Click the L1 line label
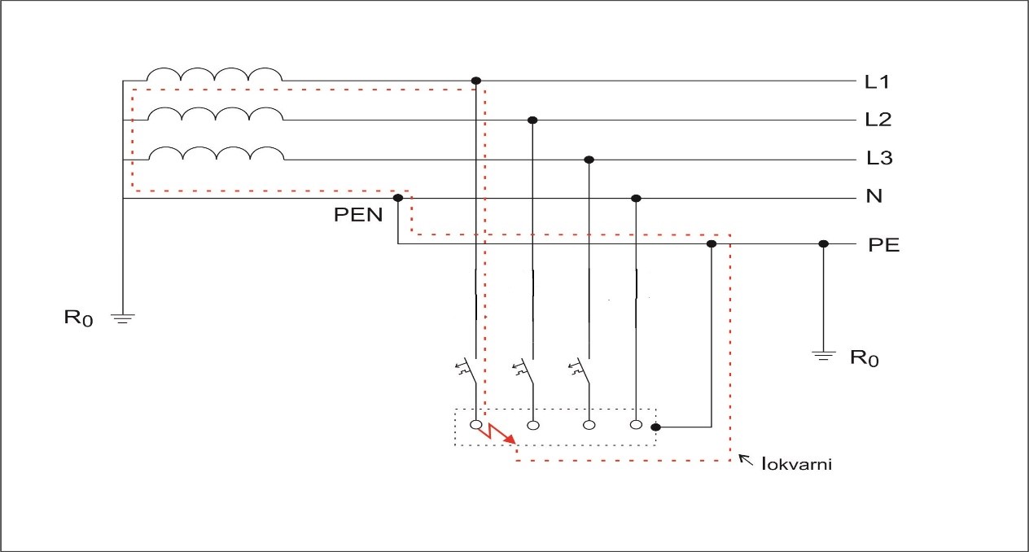coord(878,81)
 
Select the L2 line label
coord(878,120)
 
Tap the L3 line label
coord(879,159)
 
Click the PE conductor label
coord(884,244)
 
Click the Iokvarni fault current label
coord(795,466)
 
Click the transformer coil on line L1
coord(214,76)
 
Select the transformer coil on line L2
coord(214,114)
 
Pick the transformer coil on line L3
coord(214,153)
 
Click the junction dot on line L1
coord(476,81)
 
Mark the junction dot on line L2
coord(532,120)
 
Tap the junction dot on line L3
coord(589,160)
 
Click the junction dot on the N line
coord(637,198)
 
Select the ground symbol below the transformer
coord(122,318)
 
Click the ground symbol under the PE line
coord(824,354)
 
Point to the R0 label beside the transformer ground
coord(79,318)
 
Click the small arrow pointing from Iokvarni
coord(746,461)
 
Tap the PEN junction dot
coord(398,198)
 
